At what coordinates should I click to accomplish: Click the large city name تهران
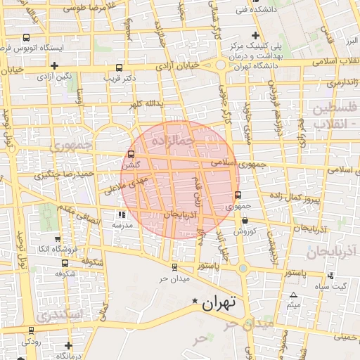tap(220, 304)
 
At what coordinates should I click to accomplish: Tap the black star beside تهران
tap(195, 301)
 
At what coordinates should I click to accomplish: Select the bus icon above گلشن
tap(131, 155)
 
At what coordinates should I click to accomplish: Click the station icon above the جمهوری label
tap(237, 195)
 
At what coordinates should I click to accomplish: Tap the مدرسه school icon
tap(122, 214)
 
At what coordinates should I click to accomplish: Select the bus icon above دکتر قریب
tap(118, 68)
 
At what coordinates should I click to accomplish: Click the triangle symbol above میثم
tap(293, 295)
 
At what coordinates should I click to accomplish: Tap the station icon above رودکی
tap(31, 330)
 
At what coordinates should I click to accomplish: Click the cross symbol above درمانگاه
tap(67, 345)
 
